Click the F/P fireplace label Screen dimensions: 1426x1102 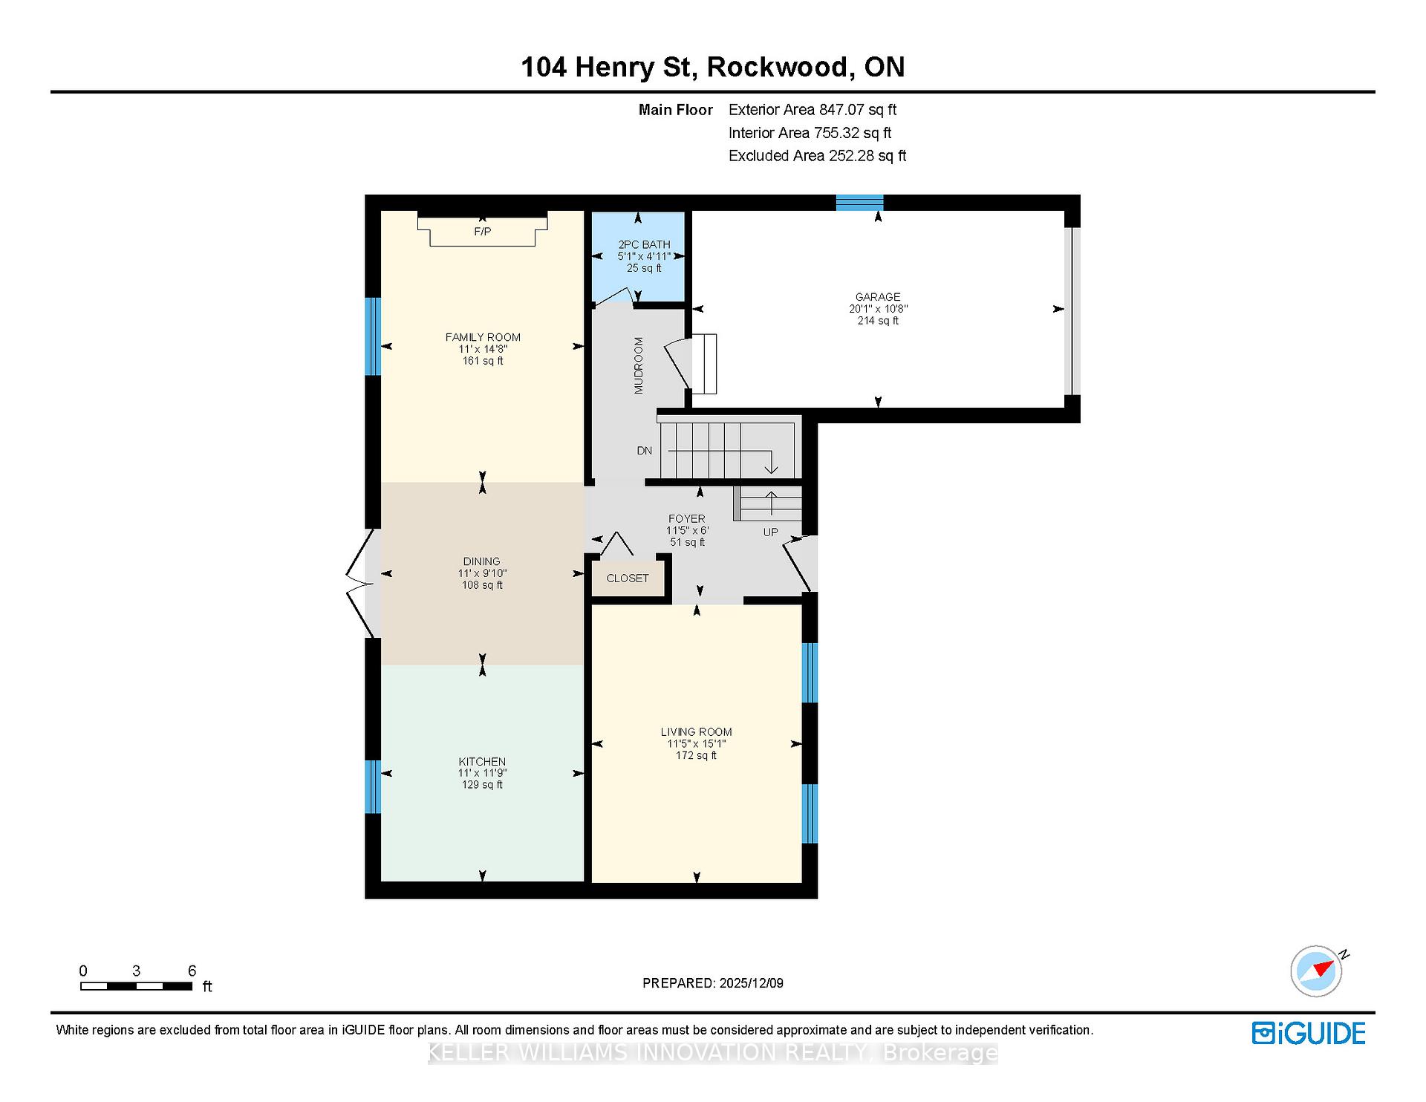(483, 232)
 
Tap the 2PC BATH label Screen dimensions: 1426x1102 (644, 244)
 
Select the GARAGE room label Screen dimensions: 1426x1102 (878, 297)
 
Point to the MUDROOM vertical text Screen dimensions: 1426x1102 (639, 365)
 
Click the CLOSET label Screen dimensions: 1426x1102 (628, 578)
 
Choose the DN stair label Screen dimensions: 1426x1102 (644, 451)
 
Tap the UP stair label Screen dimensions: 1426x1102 (771, 532)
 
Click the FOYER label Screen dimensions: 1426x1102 (687, 519)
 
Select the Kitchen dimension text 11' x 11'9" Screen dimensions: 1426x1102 (482, 773)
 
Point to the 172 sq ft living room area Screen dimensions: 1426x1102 (696, 755)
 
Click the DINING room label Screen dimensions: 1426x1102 (482, 561)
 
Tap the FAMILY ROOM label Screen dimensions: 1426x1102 (483, 337)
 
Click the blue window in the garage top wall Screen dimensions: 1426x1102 (859, 203)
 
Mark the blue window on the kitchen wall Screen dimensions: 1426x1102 (373, 786)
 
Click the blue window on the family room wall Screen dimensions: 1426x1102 (373, 336)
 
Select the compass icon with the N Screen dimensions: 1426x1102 (1318, 971)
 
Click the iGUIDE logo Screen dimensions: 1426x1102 (1309, 1034)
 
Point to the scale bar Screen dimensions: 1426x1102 (137, 986)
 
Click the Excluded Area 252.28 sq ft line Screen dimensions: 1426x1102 (817, 156)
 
